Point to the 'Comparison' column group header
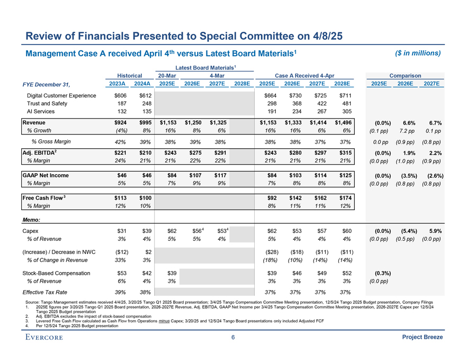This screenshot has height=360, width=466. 405,76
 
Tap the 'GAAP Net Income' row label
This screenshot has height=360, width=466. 45,175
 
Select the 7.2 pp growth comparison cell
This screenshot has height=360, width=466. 407,131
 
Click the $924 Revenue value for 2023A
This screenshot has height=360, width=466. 120,123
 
